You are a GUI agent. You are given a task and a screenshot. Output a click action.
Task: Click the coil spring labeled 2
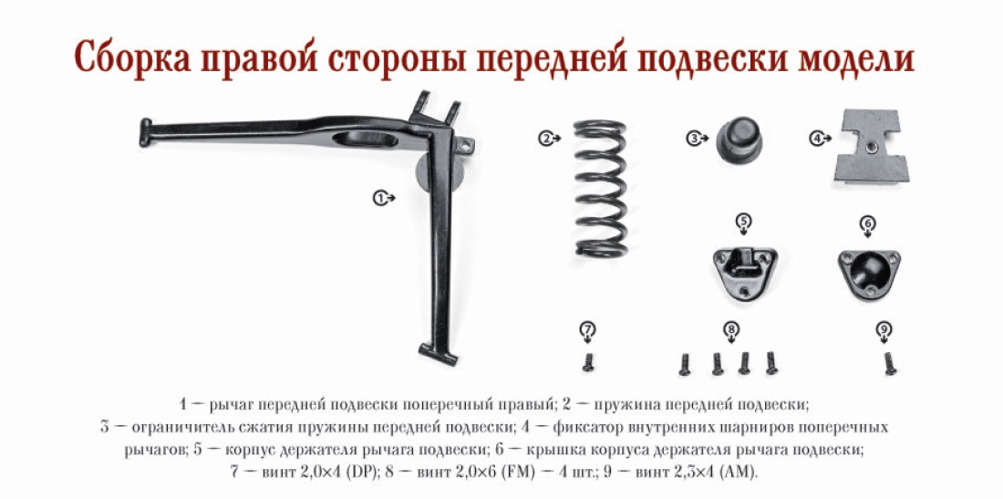point(600,189)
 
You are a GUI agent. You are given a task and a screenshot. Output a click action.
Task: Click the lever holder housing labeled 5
point(743,272)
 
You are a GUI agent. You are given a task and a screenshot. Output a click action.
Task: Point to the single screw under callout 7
point(588,362)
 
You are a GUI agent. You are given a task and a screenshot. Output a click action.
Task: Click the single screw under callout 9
point(889,363)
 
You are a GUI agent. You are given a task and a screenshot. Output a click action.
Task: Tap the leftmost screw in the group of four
point(685,363)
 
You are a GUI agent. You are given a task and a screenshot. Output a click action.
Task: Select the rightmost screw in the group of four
point(770,363)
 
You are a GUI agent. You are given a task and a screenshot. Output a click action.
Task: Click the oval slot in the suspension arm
point(365,139)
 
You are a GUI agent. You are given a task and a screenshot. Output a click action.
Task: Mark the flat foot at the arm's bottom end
point(438,353)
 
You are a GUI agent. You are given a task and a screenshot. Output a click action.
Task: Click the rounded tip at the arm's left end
point(145,131)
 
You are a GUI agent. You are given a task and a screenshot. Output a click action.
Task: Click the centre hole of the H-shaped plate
point(869,148)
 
